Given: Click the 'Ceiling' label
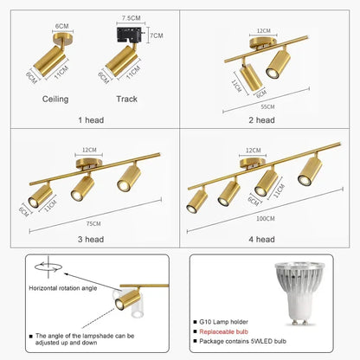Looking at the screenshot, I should [55, 99].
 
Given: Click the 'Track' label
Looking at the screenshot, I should [127, 99].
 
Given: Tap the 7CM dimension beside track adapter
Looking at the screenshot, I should [156, 36].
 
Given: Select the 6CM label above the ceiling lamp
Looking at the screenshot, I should [61, 26].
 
